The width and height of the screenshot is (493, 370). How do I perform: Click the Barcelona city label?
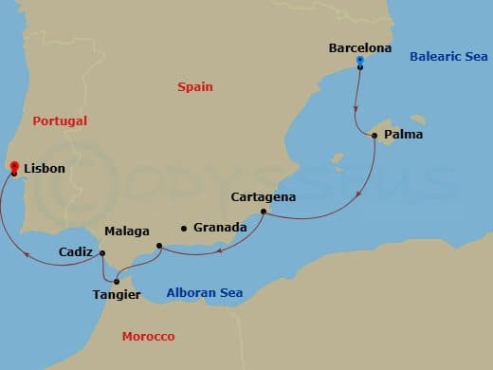pyautogui.click(x=360, y=46)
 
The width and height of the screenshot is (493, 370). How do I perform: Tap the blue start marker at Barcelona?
pyautogui.click(x=360, y=62)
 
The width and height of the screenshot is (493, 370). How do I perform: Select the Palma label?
pyautogui.click(x=403, y=135)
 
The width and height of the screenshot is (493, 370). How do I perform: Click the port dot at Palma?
pyautogui.click(x=374, y=136)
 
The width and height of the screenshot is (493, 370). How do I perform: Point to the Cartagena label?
pyautogui.click(x=264, y=197)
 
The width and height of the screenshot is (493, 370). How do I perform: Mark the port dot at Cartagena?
pyautogui.click(x=262, y=213)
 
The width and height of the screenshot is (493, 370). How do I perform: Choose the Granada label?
pyautogui.click(x=220, y=228)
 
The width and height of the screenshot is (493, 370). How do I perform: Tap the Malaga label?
pyautogui.click(x=126, y=231)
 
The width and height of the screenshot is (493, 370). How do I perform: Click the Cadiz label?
pyautogui.click(x=76, y=252)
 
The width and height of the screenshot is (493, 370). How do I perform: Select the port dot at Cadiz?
pyautogui.click(x=102, y=253)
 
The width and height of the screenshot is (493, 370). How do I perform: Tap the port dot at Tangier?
pyautogui.click(x=117, y=281)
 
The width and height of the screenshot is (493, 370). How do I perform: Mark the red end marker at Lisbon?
pyautogui.click(x=13, y=168)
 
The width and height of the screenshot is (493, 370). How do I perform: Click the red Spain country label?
pyautogui.click(x=194, y=87)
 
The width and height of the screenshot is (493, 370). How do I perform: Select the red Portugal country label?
pyautogui.click(x=60, y=121)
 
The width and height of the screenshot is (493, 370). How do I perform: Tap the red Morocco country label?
pyautogui.click(x=149, y=337)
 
